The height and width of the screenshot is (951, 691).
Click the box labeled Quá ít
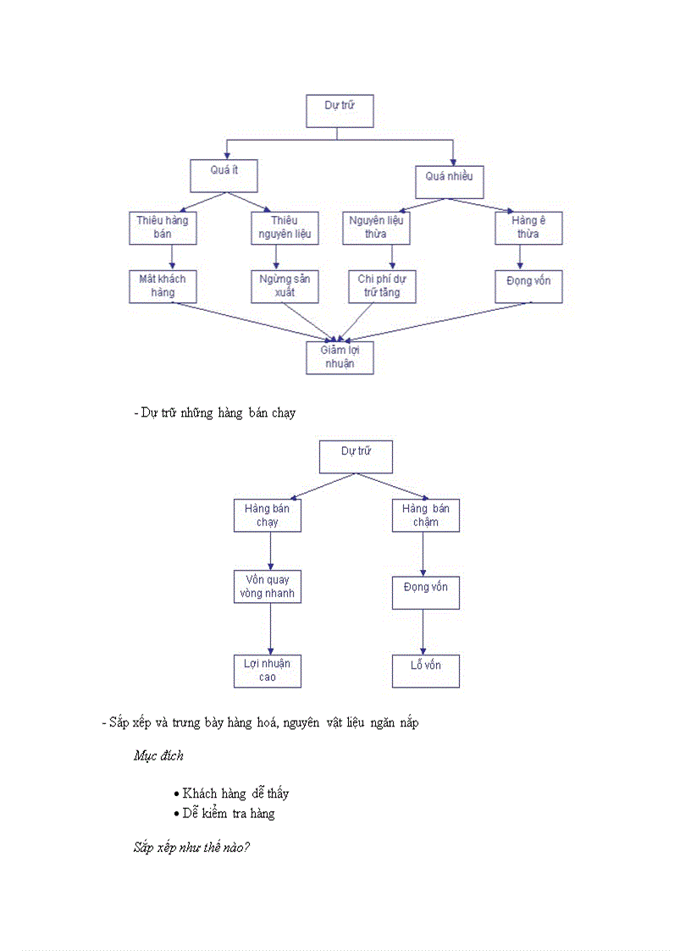pos(224,176)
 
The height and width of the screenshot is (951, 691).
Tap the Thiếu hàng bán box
pos(163,228)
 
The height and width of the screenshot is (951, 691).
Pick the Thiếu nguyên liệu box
pos(285,228)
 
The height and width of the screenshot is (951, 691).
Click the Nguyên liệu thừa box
pos(376,228)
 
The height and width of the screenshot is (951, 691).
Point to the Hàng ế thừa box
pos(528,228)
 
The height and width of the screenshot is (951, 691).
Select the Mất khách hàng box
pos(163,286)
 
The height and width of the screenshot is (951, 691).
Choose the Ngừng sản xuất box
pos(285,286)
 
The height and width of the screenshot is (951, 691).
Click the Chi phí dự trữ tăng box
pos(383,286)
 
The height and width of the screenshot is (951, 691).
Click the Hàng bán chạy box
pos(268,516)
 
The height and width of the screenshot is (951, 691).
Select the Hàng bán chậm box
pos(426,516)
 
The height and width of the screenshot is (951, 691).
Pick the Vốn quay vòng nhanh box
pos(268,587)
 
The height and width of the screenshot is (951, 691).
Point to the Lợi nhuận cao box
pos(268,671)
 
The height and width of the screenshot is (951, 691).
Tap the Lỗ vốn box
pos(426,671)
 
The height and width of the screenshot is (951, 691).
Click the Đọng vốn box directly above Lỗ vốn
pos(426,593)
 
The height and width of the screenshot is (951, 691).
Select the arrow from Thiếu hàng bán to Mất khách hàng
pos(172,257)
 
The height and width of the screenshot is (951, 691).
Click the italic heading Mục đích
pos(158,755)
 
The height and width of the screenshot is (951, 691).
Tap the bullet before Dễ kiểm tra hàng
pos(176,814)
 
